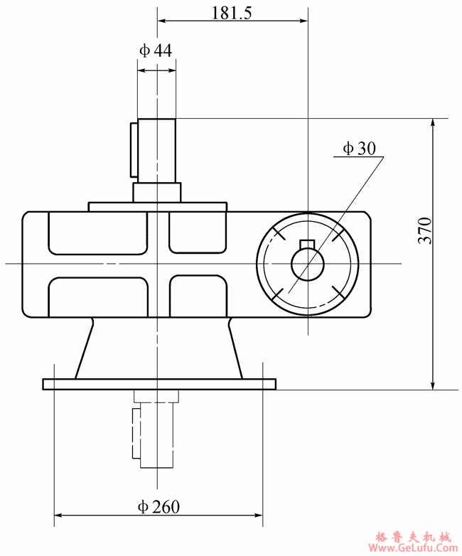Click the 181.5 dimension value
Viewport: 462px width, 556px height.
pos(232,12)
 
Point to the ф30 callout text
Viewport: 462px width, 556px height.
pos(359,148)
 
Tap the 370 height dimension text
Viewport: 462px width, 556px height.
pos(424,231)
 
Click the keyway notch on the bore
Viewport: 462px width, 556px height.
pos(307,245)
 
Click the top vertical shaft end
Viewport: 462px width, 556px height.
pos(156,149)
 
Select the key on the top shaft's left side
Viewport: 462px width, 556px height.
pos(134,149)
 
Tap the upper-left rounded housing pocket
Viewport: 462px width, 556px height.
pos(98,232)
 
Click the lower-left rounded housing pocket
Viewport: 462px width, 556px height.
pos(98,297)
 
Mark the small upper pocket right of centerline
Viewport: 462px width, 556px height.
pos(198,232)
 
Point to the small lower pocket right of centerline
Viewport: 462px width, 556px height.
pos(198,297)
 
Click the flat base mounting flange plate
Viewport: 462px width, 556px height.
pos(159,384)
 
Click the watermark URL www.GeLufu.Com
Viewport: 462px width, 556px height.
pos(412,548)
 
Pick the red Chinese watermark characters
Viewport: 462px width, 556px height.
pos(412,536)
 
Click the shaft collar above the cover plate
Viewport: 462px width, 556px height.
pos(156,192)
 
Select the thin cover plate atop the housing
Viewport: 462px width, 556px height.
pos(157,206)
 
